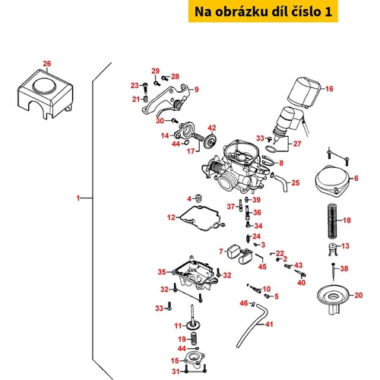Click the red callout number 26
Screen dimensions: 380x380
click(x=47, y=64)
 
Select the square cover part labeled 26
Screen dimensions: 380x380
click(x=46, y=94)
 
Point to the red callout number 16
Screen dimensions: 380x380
click(x=329, y=89)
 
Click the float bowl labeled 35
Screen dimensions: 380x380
click(x=195, y=275)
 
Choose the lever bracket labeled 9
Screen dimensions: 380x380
click(x=167, y=100)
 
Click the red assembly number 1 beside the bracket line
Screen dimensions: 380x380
click(x=78, y=198)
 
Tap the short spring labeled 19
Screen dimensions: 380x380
click(x=194, y=338)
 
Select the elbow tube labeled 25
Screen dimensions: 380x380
click(x=282, y=182)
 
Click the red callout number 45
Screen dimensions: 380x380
click(x=262, y=267)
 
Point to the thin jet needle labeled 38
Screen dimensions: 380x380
click(x=334, y=271)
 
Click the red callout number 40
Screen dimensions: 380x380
click(x=301, y=282)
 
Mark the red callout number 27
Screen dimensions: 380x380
click(x=297, y=144)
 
